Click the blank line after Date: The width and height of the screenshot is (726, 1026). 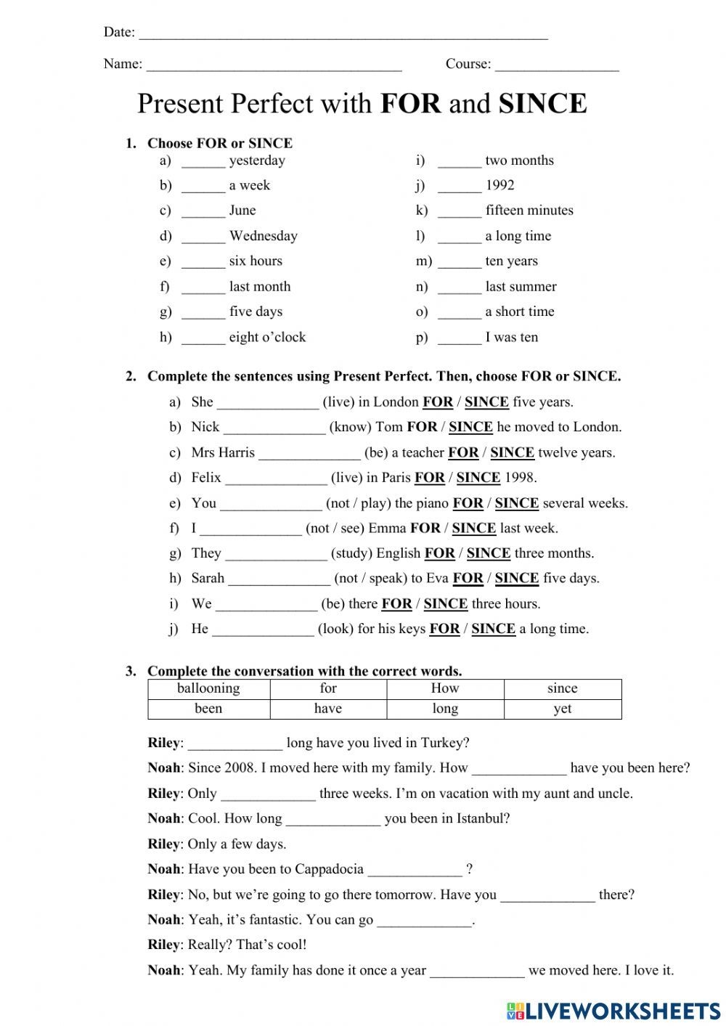[343, 35]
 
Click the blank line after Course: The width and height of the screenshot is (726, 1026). [557, 67]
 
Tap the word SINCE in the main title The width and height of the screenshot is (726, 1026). [542, 104]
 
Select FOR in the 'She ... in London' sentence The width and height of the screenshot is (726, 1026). [438, 402]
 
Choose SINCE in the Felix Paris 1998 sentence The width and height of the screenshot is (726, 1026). [478, 478]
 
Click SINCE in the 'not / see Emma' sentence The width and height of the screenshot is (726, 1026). [473, 529]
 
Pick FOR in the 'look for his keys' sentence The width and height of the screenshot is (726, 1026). [444, 629]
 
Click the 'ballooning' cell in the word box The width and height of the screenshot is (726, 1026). [208, 688]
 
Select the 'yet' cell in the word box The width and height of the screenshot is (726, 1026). [563, 709]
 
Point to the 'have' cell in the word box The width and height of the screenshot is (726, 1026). [328, 709]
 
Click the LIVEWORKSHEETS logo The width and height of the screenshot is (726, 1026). [613, 1010]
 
